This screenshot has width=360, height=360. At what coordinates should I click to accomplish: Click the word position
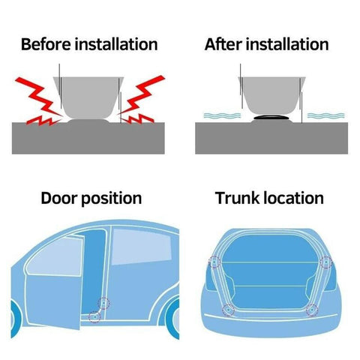[x=112, y=199]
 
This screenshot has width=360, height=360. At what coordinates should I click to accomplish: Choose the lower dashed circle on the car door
[x=94, y=316]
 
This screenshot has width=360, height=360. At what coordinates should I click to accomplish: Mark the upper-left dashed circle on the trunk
[x=215, y=262]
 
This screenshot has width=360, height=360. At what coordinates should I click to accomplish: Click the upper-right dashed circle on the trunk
[x=325, y=262]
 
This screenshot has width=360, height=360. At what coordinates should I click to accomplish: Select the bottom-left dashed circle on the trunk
[x=227, y=308]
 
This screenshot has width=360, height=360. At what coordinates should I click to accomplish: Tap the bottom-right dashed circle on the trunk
[x=311, y=308]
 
